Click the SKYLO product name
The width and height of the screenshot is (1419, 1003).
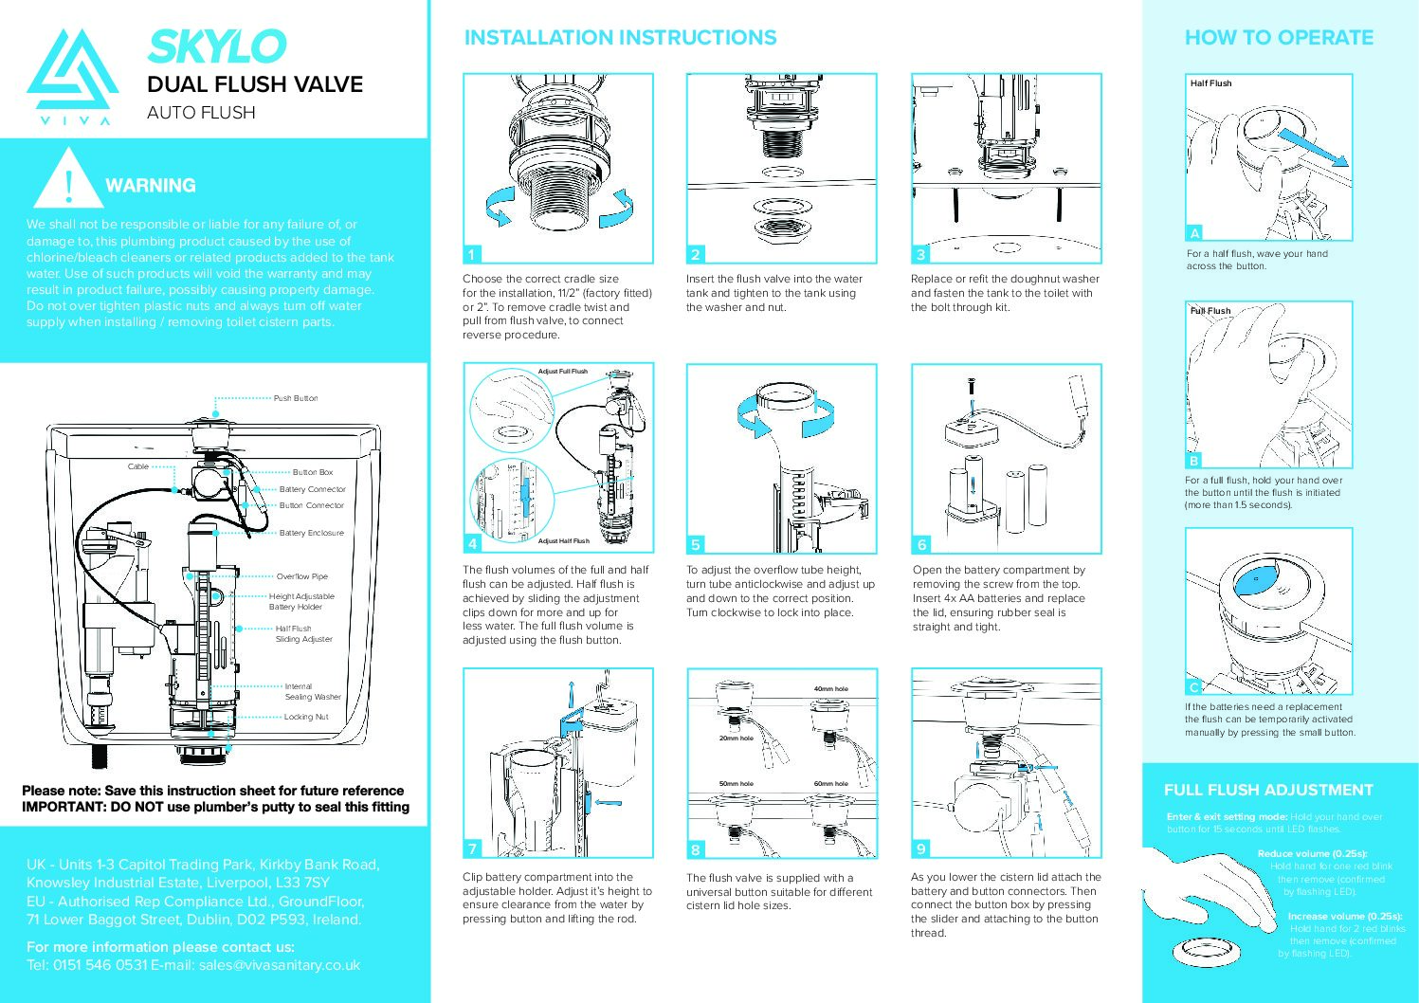click(x=216, y=46)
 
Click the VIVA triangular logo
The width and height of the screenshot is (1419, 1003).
click(x=72, y=76)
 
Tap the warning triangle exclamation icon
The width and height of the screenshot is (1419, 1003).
click(x=68, y=180)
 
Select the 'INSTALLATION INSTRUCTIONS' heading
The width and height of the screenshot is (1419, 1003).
click(x=620, y=38)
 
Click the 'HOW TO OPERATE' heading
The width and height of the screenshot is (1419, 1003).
click(x=1278, y=38)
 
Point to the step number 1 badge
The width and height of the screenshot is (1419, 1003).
click(x=472, y=254)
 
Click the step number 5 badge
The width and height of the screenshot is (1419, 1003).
click(x=696, y=545)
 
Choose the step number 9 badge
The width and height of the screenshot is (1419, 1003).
click(x=920, y=848)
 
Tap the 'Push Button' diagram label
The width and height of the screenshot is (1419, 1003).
click(x=296, y=398)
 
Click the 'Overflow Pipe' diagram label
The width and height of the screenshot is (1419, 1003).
click(x=301, y=576)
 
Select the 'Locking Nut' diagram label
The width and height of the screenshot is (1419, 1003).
click(x=306, y=717)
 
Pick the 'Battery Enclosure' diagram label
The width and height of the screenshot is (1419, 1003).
click(x=311, y=533)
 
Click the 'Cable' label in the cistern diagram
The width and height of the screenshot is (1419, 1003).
click(x=138, y=466)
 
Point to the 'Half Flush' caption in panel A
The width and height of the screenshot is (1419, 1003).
click(x=1210, y=83)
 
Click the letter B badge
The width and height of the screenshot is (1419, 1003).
click(x=1194, y=461)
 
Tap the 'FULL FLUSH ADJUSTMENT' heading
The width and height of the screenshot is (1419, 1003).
click(x=1267, y=790)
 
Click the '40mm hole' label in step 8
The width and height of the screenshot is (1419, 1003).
click(x=830, y=689)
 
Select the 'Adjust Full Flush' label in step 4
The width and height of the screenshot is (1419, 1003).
click(x=562, y=372)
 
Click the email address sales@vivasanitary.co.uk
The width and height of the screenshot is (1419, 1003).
click(x=280, y=965)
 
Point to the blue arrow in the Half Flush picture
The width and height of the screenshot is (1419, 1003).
click(x=1312, y=147)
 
